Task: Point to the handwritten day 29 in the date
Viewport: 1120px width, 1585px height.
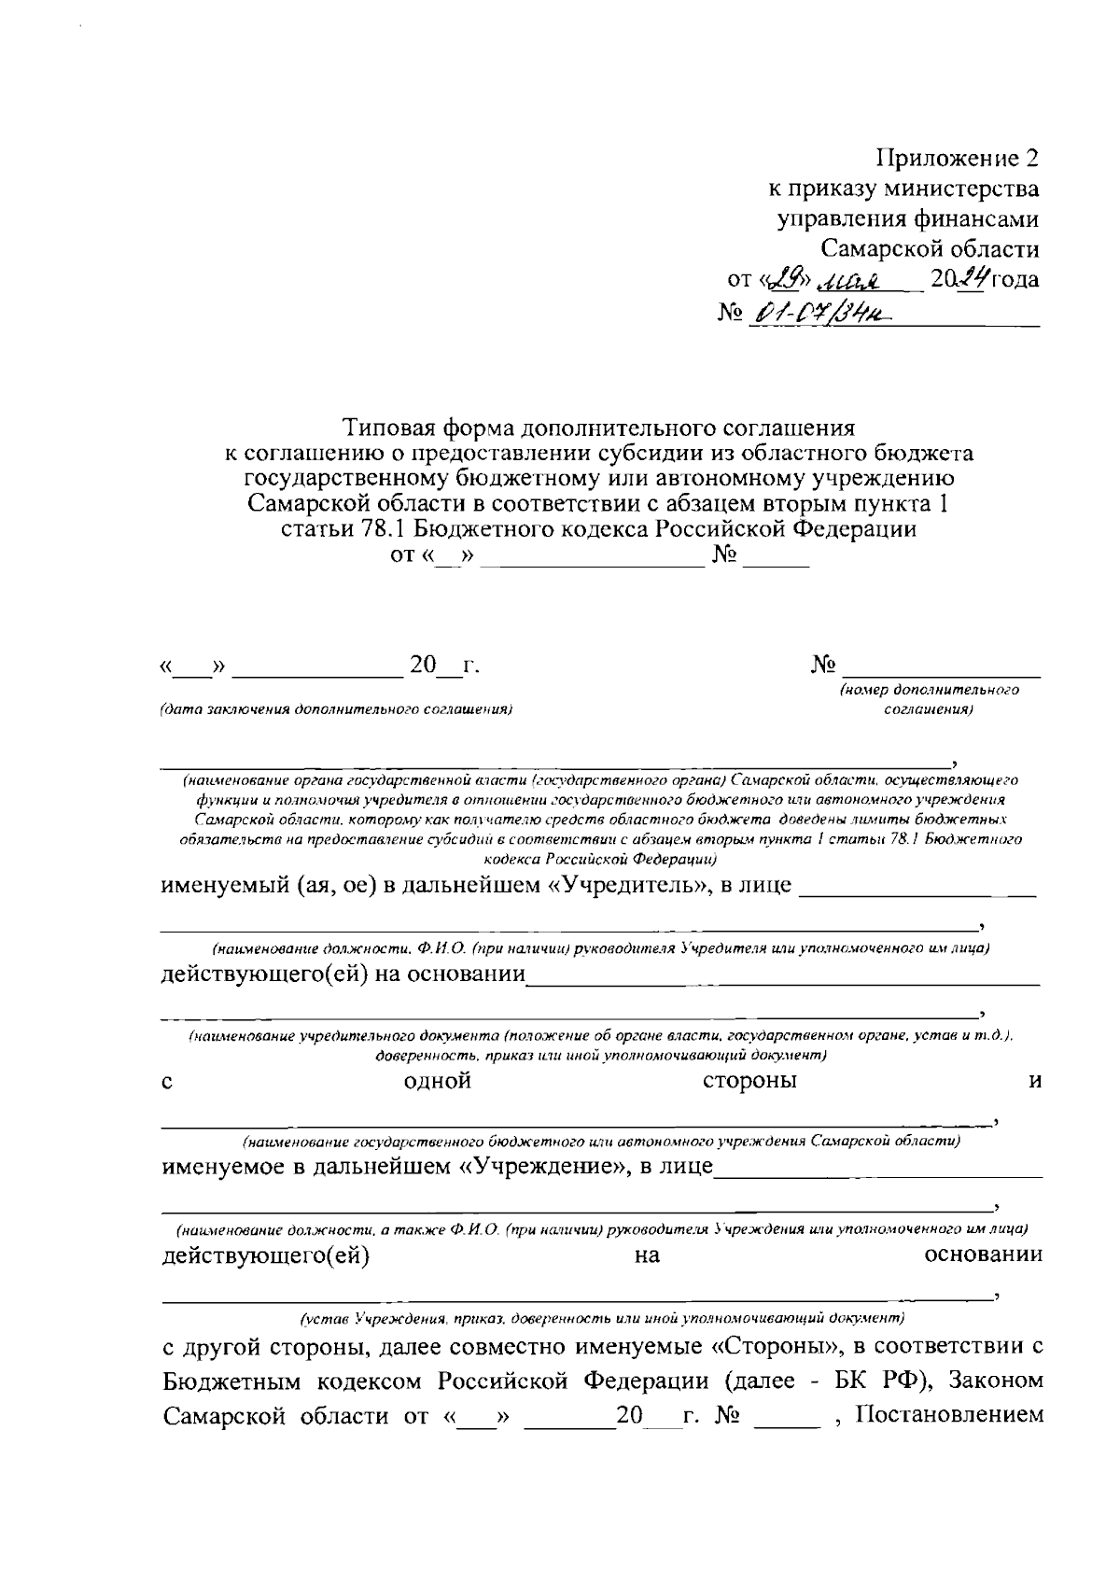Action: pos(781,279)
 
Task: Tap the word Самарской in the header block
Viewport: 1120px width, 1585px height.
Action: pos(882,248)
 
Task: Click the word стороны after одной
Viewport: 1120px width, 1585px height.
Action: pos(749,1081)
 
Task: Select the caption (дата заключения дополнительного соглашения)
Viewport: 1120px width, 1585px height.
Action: pos(337,709)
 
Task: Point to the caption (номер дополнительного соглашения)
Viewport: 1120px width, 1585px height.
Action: pos(928,700)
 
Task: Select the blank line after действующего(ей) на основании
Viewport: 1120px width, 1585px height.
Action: pos(782,980)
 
